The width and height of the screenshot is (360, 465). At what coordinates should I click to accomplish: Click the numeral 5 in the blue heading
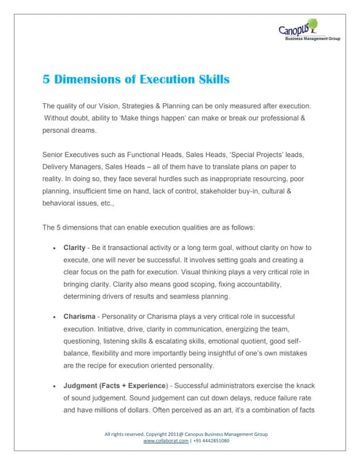click(x=47, y=78)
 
